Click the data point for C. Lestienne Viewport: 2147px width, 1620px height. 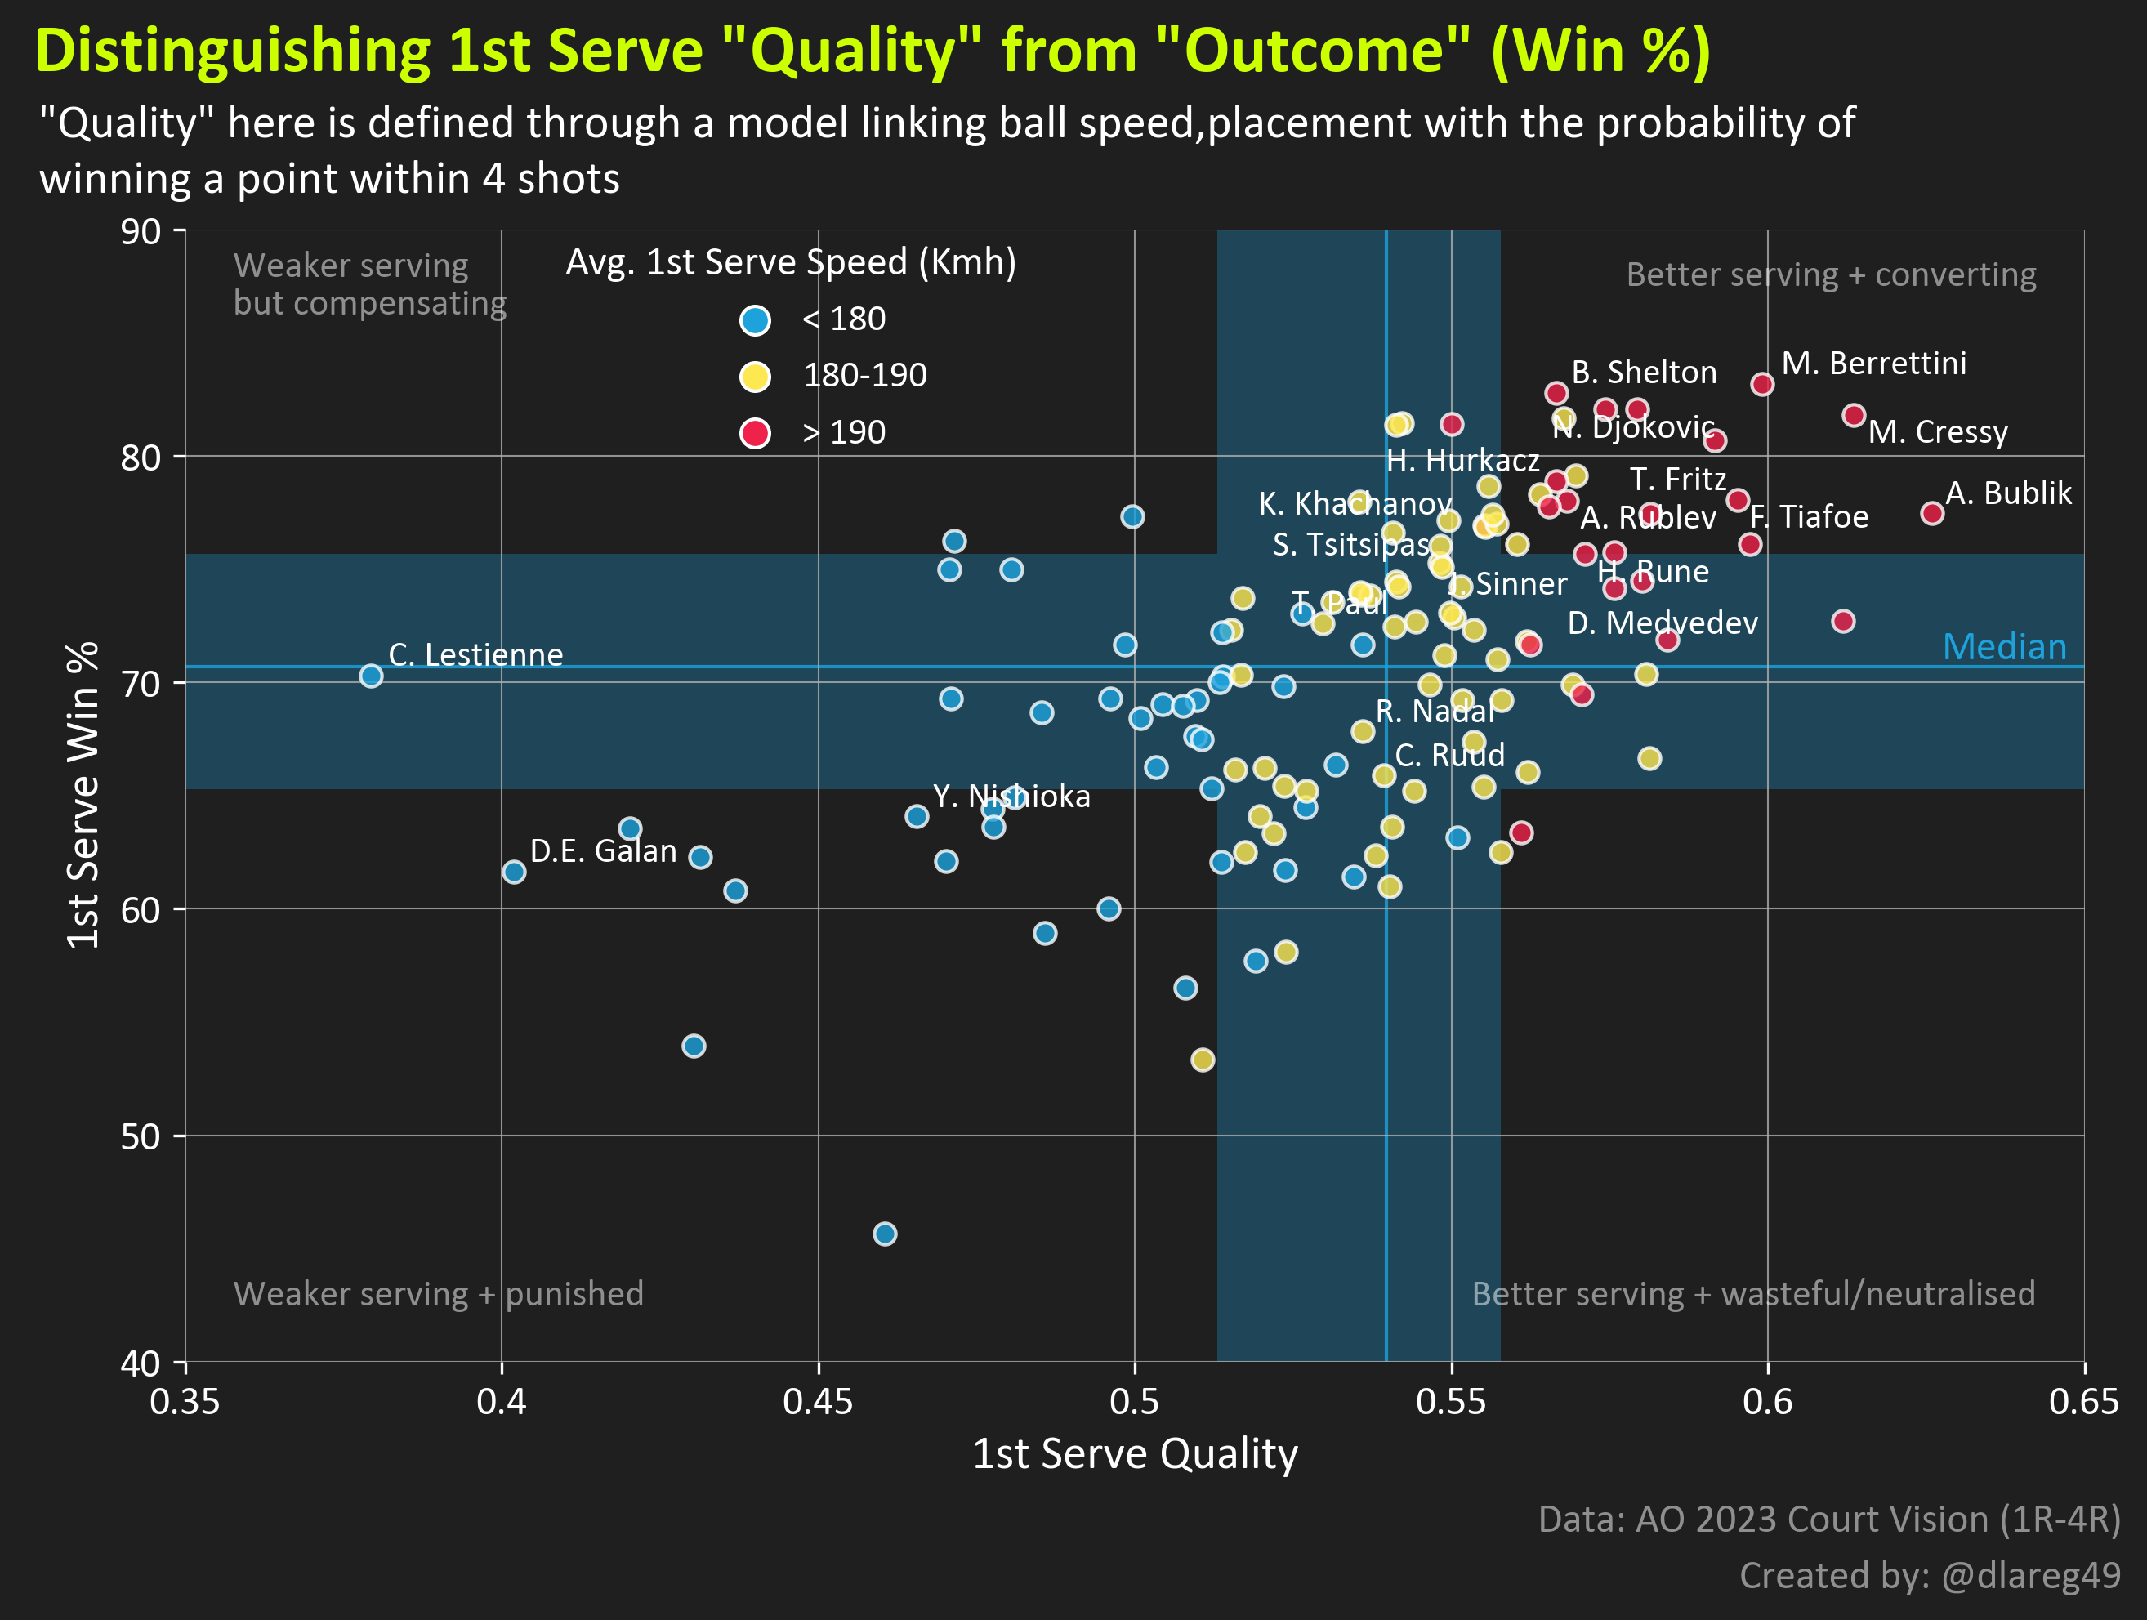(x=371, y=676)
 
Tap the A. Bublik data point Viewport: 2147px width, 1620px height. (x=1931, y=512)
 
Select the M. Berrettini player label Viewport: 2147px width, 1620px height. (x=1873, y=363)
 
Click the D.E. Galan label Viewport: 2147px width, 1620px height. (x=603, y=851)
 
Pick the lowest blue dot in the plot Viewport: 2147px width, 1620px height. (x=884, y=1234)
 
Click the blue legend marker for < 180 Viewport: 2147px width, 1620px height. (x=755, y=319)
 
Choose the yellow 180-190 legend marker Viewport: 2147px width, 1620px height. (x=755, y=376)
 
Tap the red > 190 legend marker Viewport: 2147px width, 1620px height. (x=755, y=432)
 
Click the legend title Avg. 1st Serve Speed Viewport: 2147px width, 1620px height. (x=790, y=262)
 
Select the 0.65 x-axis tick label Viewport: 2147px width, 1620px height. (x=2083, y=1402)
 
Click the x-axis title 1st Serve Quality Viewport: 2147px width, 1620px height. (x=1135, y=1453)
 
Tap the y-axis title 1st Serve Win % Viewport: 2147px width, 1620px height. (x=83, y=795)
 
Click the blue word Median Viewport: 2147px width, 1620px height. (x=2004, y=646)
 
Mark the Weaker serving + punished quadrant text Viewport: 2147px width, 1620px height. (x=438, y=1294)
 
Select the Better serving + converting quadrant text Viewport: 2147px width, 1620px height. (x=1831, y=274)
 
